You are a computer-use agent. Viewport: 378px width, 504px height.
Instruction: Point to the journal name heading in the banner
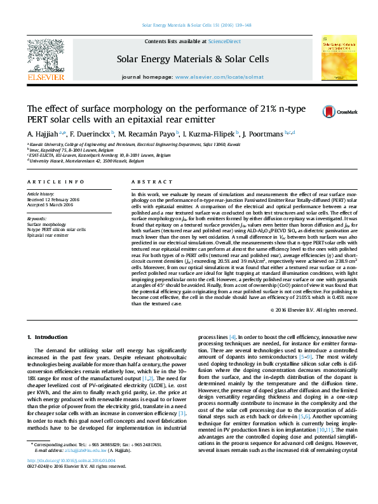(x=192, y=59)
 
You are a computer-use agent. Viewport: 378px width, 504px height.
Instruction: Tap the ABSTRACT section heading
(x=147, y=182)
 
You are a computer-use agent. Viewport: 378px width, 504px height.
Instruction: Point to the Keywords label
(x=36, y=219)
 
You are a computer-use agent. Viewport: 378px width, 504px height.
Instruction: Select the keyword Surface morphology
(x=46, y=225)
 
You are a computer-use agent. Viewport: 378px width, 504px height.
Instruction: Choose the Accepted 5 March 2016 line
(x=50, y=205)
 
